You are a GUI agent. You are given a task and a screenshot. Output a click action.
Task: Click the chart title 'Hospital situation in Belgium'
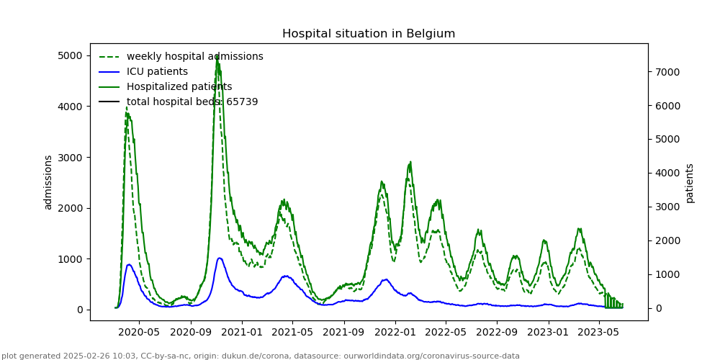369,34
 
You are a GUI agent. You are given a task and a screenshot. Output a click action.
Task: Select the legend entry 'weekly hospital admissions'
194,56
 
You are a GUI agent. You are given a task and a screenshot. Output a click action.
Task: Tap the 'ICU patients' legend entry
157,71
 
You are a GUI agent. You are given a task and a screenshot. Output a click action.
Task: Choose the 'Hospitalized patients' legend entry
179,86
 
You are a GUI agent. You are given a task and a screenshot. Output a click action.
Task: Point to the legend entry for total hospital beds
192,102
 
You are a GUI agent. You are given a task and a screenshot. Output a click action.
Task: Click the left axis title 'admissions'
48,182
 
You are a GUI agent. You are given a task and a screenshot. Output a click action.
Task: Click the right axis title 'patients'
690,182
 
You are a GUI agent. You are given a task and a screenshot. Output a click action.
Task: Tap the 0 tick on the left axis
79,310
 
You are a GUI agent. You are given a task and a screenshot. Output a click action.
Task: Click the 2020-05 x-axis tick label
139,333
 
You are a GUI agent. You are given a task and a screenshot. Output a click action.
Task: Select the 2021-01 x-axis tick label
242,333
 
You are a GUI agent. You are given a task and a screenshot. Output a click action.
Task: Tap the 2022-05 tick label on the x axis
445,333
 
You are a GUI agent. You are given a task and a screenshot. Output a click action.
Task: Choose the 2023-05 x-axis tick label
598,333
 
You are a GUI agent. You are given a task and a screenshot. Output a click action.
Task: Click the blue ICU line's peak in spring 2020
129,264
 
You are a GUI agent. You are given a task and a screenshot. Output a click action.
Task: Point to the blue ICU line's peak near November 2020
220,258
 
